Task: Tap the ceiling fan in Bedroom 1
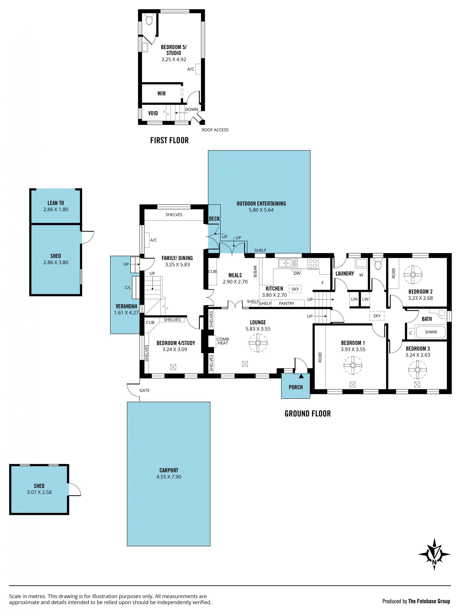(x=353, y=365)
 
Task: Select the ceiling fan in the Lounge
(x=258, y=343)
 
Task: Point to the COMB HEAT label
(x=223, y=341)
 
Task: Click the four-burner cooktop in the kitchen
(x=313, y=263)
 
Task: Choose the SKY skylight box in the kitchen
(x=295, y=289)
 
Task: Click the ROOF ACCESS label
(x=215, y=130)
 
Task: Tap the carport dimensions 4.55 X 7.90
(x=169, y=477)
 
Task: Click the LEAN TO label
(x=56, y=203)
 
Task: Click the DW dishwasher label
(x=297, y=273)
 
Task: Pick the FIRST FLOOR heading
(x=169, y=140)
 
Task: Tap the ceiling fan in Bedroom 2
(x=413, y=275)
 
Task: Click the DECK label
(x=214, y=219)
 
